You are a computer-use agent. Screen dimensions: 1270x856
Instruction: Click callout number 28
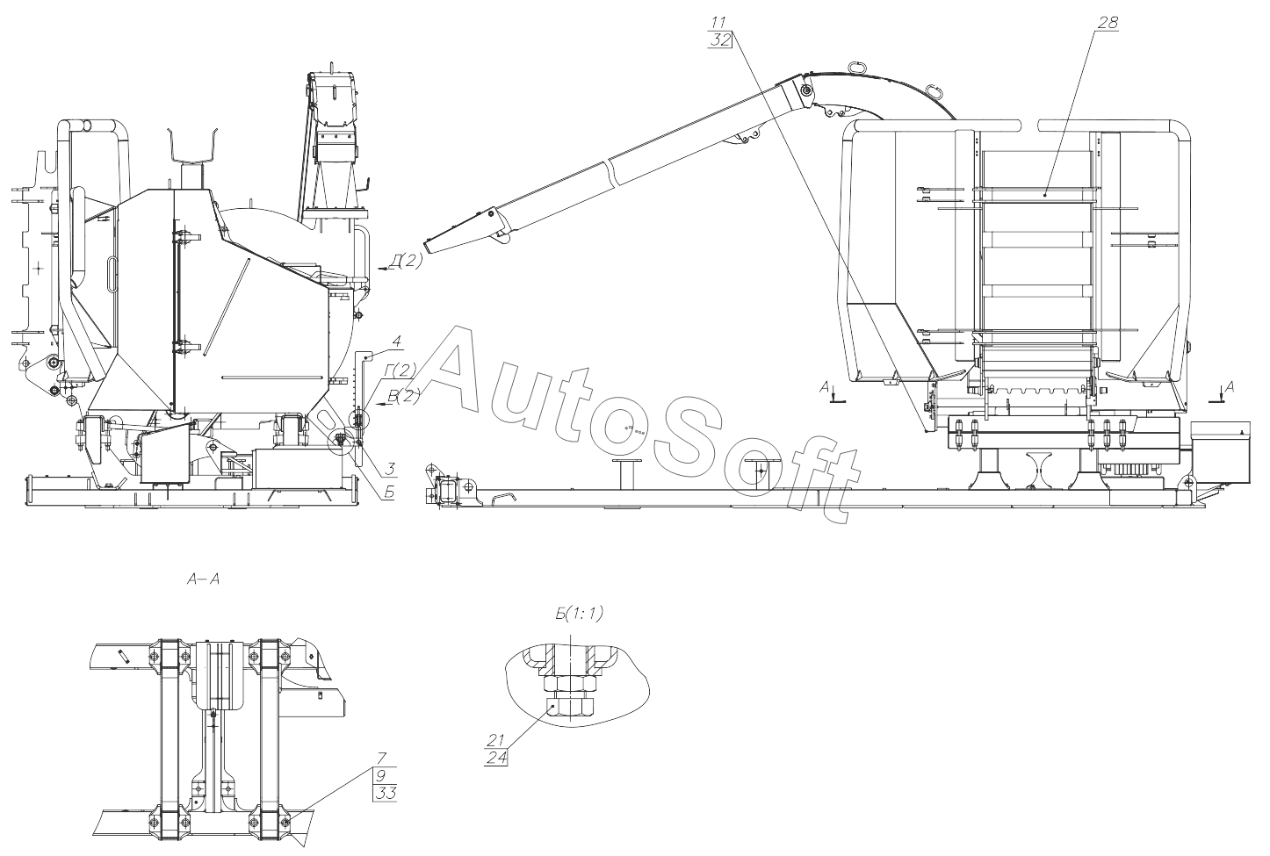pos(1108,23)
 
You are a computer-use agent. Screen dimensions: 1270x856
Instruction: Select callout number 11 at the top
pos(718,23)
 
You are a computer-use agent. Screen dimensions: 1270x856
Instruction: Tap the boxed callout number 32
pos(720,40)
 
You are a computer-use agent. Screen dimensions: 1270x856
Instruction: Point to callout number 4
pos(396,342)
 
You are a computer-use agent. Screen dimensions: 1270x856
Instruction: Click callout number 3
pos(391,469)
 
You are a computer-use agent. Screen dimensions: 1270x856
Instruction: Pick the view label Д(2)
pos(407,262)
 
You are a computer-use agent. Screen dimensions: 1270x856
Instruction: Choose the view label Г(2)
pos(400,370)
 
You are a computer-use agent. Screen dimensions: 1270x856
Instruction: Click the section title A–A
pos(203,579)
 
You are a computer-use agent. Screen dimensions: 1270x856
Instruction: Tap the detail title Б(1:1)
pos(579,613)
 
